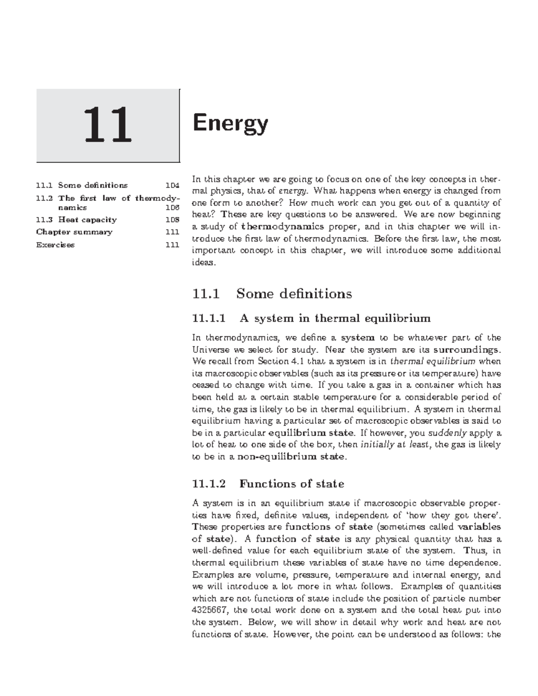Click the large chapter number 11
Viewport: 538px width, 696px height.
(108, 125)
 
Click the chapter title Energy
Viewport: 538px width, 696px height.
(230, 124)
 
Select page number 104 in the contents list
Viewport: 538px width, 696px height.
(172, 185)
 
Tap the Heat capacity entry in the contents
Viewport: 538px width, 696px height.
(87, 220)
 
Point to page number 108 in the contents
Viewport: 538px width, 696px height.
(172, 220)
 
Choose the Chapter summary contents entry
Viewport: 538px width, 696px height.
(74, 232)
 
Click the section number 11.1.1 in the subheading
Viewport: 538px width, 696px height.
(208, 318)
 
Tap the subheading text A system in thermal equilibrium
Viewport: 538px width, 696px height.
(335, 318)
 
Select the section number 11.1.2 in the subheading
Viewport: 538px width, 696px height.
(208, 484)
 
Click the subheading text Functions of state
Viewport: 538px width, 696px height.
(291, 484)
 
